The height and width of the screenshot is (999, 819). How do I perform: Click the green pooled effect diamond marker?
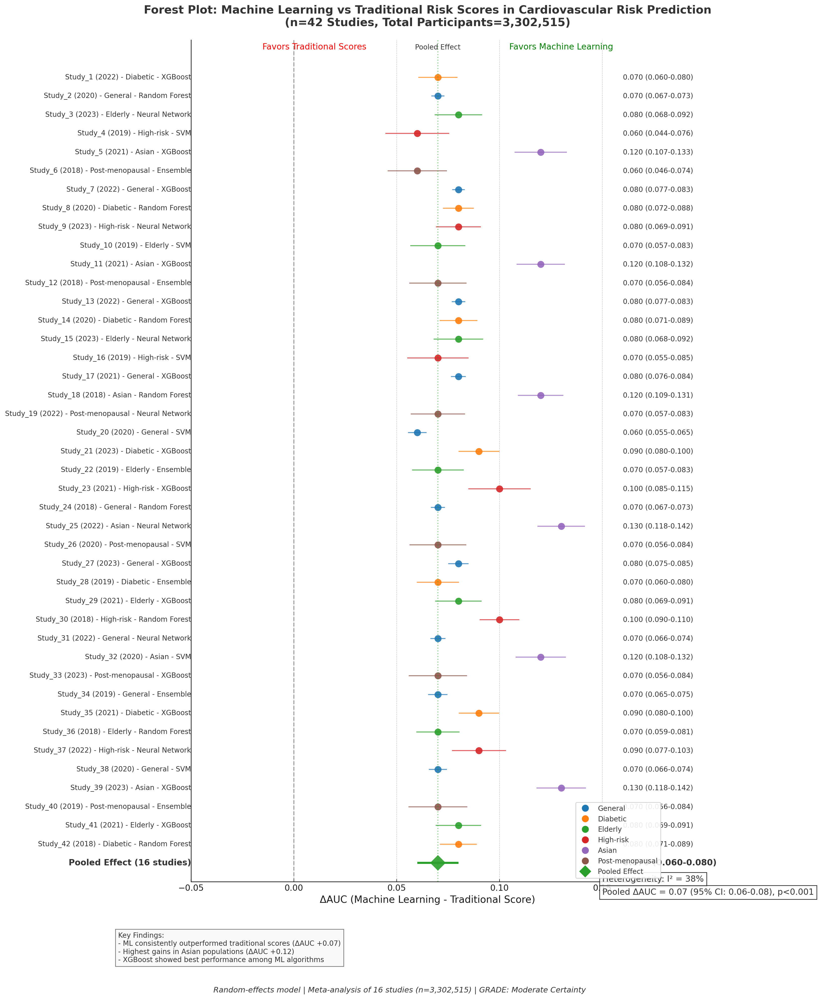pyautogui.click(x=438, y=863)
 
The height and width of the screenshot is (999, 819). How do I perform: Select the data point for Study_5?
pyautogui.click(x=541, y=152)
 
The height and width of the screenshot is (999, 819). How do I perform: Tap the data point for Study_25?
pyautogui.click(x=561, y=526)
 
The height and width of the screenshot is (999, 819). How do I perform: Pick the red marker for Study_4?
pyautogui.click(x=417, y=133)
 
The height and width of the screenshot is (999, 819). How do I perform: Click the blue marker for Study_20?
pyautogui.click(x=417, y=432)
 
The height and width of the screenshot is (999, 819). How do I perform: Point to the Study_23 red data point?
pyautogui.click(x=499, y=489)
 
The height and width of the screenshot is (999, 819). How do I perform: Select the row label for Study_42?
pyautogui.click(x=115, y=844)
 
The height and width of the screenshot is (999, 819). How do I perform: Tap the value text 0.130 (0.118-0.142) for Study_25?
pyautogui.click(x=658, y=526)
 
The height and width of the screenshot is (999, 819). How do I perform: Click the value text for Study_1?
pyautogui.click(x=658, y=77)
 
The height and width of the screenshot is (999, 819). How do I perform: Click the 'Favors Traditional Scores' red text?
pyautogui.click(x=314, y=47)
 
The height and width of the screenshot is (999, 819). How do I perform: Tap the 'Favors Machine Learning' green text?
pyautogui.click(x=561, y=47)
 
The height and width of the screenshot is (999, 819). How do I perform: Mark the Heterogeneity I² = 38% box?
pyautogui.click(x=653, y=879)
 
